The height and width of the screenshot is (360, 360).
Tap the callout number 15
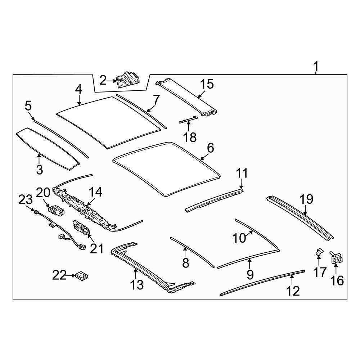pos(207,84)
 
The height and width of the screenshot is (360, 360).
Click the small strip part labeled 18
pos(188,120)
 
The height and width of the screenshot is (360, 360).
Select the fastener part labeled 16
pos(336,258)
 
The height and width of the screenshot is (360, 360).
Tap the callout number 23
pos(26,200)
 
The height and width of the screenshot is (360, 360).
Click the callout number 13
pos(137,285)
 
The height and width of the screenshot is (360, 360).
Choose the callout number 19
pos(306,199)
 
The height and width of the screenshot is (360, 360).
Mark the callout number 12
pos(293,291)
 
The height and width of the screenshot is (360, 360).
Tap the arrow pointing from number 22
pos(71,275)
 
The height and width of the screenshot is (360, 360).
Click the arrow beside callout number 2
pos(112,81)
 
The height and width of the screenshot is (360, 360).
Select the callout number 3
pos(40,170)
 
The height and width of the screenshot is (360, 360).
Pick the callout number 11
pos(242,173)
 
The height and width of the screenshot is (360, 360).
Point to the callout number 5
pos(28,106)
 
